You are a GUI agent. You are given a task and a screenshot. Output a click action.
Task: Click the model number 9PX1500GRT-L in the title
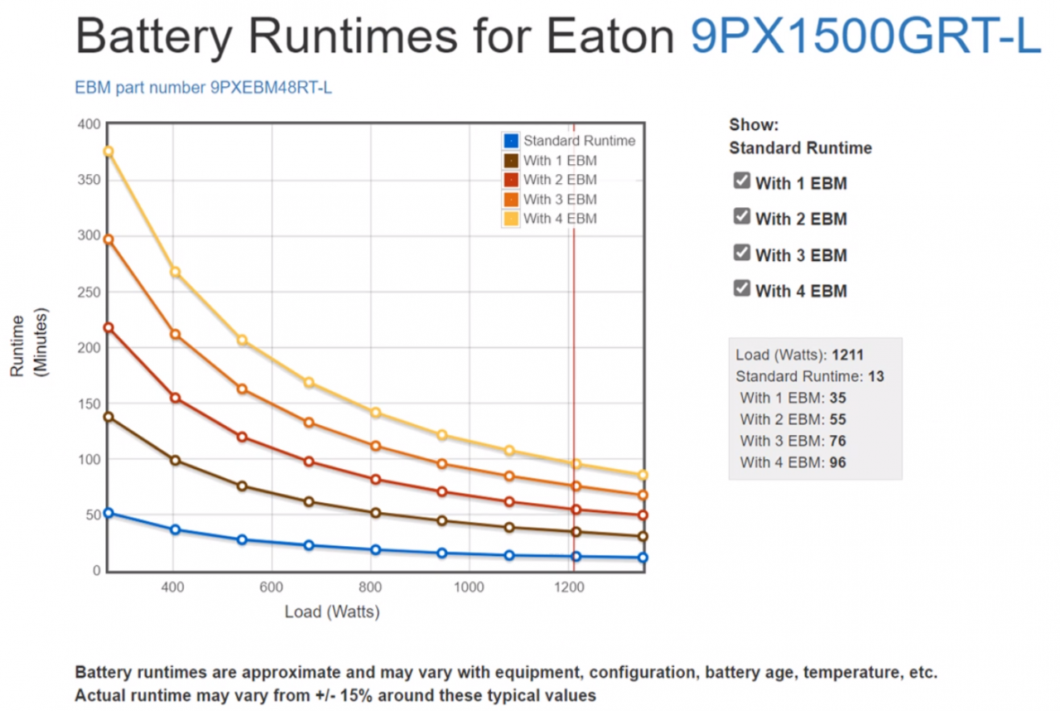(x=865, y=36)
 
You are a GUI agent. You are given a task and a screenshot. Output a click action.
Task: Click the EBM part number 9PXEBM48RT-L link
(x=204, y=87)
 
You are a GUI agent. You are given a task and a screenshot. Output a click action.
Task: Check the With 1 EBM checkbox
(x=742, y=181)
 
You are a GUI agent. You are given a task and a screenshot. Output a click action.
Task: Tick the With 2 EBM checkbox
(x=742, y=217)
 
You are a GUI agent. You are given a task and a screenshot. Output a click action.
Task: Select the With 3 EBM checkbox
(x=742, y=253)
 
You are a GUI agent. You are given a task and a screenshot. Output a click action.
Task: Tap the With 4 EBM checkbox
(x=742, y=289)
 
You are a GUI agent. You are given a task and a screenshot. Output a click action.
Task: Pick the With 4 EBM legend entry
(x=559, y=219)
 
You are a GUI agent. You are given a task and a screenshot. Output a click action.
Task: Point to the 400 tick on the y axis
(x=89, y=124)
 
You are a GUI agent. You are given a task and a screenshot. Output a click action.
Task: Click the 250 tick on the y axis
(x=89, y=292)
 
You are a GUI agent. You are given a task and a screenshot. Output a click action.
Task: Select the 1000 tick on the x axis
(x=470, y=588)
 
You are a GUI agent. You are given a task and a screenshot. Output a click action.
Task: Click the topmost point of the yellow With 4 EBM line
(x=108, y=152)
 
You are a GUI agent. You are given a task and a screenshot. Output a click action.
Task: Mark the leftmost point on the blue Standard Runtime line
(x=108, y=514)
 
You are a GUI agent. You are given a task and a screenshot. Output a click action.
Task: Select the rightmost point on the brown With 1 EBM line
(x=643, y=537)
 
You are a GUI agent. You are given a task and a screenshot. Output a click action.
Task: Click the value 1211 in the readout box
(x=849, y=355)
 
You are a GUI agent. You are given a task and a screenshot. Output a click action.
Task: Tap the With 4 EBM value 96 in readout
(x=837, y=463)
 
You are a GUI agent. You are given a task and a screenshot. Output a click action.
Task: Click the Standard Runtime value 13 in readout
(x=876, y=377)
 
